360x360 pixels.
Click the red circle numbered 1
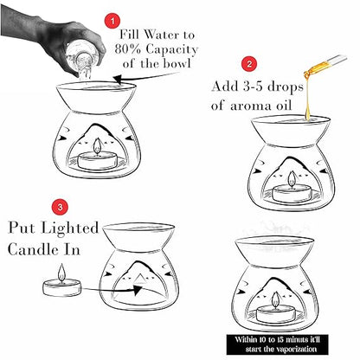click(112, 21)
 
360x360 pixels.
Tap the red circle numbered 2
click(249, 64)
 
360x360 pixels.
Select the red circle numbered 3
click(60, 208)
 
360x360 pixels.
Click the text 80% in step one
click(128, 49)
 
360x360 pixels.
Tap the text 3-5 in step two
click(253, 87)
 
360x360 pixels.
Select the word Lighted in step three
click(70, 228)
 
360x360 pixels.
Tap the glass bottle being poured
click(81, 61)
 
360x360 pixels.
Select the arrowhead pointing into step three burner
click(138, 290)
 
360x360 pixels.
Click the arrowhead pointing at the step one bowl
click(117, 79)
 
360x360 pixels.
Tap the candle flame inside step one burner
click(97, 146)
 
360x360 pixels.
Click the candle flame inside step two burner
click(292, 179)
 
